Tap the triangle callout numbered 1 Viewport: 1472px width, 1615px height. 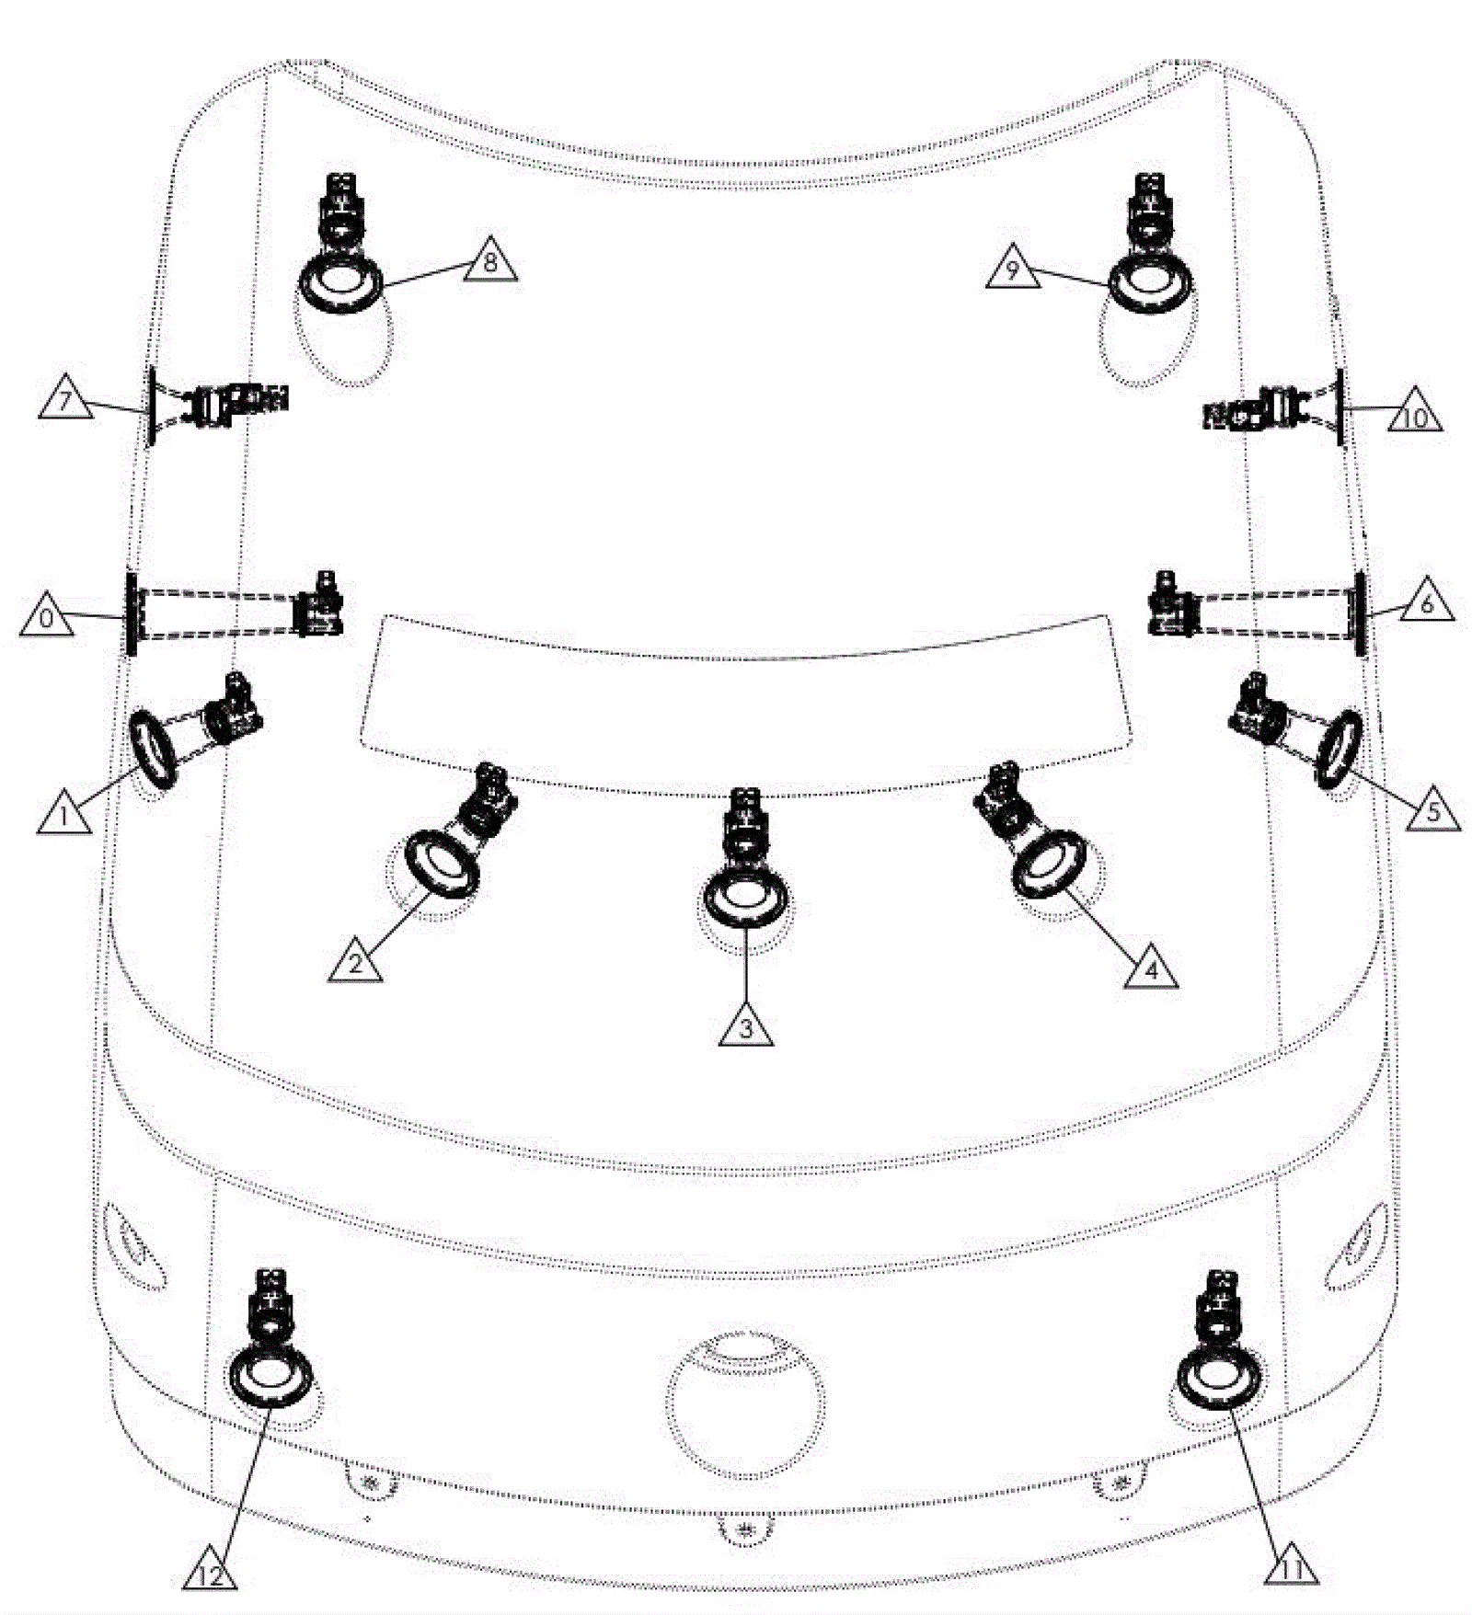tap(64, 814)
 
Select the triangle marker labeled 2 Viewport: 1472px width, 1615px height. tap(356, 962)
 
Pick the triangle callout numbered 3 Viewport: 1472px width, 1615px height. tap(746, 1025)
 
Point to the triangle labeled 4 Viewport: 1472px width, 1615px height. tap(1151, 968)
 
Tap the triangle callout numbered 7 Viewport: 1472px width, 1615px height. tap(66, 401)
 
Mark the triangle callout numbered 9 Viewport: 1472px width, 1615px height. tap(1013, 269)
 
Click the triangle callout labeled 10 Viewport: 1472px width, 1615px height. tap(1415, 415)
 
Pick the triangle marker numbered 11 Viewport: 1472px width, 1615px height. tap(1292, 1566)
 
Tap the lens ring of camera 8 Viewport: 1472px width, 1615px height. tap(340, 304)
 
